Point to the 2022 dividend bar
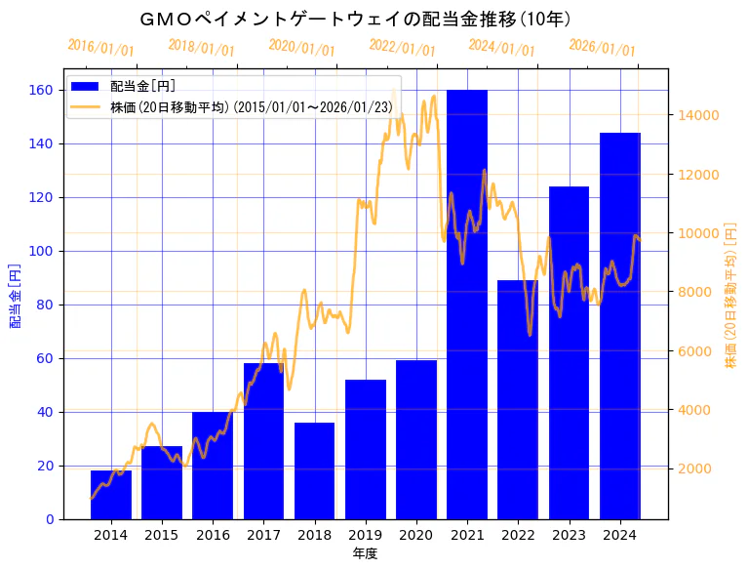click(518, 399)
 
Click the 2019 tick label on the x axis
click(365, 535)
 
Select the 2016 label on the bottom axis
click(213, 535)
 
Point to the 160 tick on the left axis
click(44, 91)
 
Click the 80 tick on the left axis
click(48, 305)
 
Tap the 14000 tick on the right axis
click(698, 115)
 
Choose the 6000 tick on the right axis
click(694, 351)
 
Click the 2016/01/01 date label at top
click(101, 48)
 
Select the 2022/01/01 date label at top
click(402, 48)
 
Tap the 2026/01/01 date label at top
click(602, 48)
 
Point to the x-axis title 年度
click(365, 553)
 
